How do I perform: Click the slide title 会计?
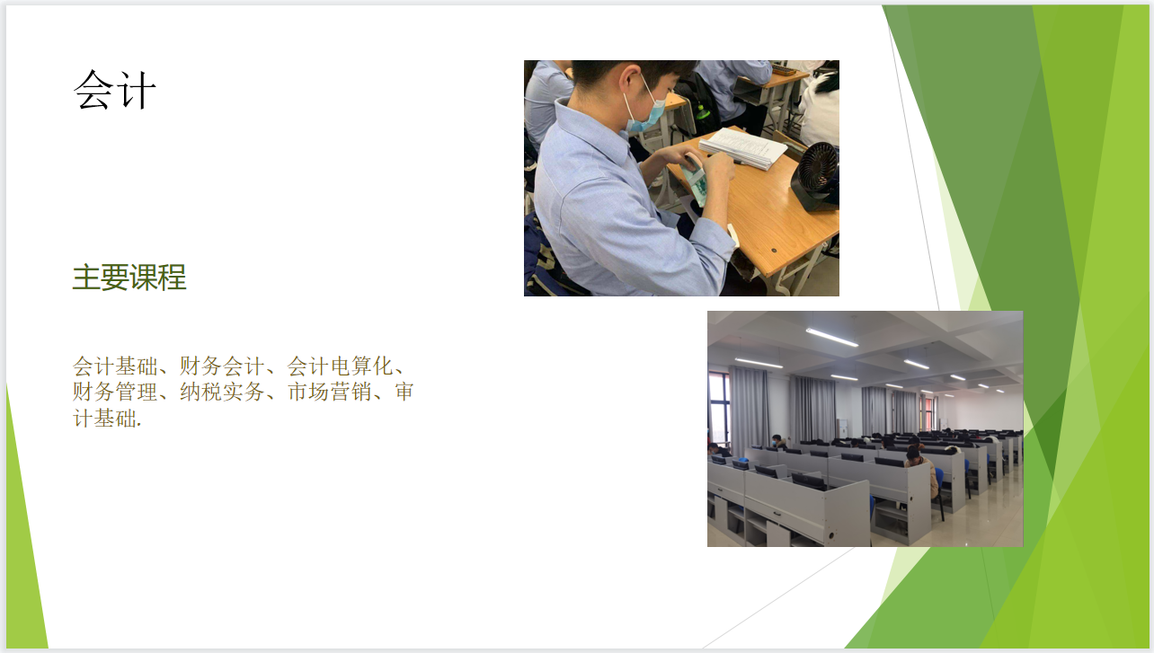click(114, 90)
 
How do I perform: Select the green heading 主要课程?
click(129, 278)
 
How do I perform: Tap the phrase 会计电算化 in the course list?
click(340, 366)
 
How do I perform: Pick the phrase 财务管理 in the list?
click(115, 392)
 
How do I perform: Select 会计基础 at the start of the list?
click(115, 366)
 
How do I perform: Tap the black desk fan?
click(816, 176)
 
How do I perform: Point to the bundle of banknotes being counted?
click(694, 181)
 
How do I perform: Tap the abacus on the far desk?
click(784, 69)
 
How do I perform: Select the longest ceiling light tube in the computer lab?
click(832, 338)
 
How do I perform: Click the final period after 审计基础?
click(139, 426)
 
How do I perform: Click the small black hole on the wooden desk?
click(774, 251)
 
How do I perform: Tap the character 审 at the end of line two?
click(404, 392)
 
